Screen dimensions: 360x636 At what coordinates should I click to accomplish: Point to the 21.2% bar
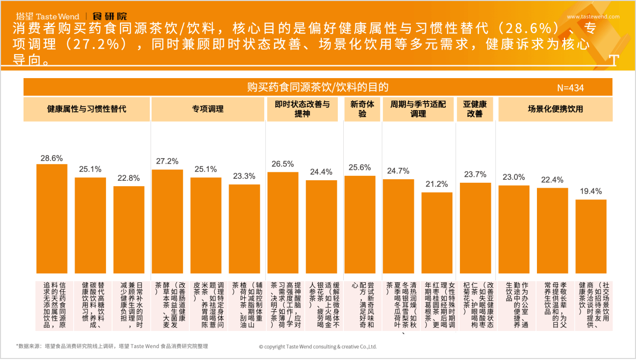point(437,233)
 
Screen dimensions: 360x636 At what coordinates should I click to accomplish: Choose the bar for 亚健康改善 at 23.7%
point(475,228)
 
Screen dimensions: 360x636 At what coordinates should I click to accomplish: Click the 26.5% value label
point(283,164)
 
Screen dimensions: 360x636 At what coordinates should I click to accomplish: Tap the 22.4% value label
point(552,180)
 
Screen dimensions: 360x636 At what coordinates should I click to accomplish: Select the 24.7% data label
point(398,171)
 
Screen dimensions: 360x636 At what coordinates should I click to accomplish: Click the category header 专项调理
point(208,109)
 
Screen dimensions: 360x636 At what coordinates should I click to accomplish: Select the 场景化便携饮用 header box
point(555,109)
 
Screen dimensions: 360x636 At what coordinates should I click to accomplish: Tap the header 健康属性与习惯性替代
point(87,109)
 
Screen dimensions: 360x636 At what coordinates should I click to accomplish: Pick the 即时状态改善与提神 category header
point(302,109)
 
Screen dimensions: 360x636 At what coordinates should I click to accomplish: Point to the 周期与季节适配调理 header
point(418,109)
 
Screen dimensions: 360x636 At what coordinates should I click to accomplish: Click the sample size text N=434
point(570,88)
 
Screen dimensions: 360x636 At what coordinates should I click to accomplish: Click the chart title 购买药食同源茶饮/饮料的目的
point(318,87)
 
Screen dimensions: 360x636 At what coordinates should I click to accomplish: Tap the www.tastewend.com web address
point(593,17)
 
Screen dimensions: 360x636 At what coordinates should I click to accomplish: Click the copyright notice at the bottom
point(317,346)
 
